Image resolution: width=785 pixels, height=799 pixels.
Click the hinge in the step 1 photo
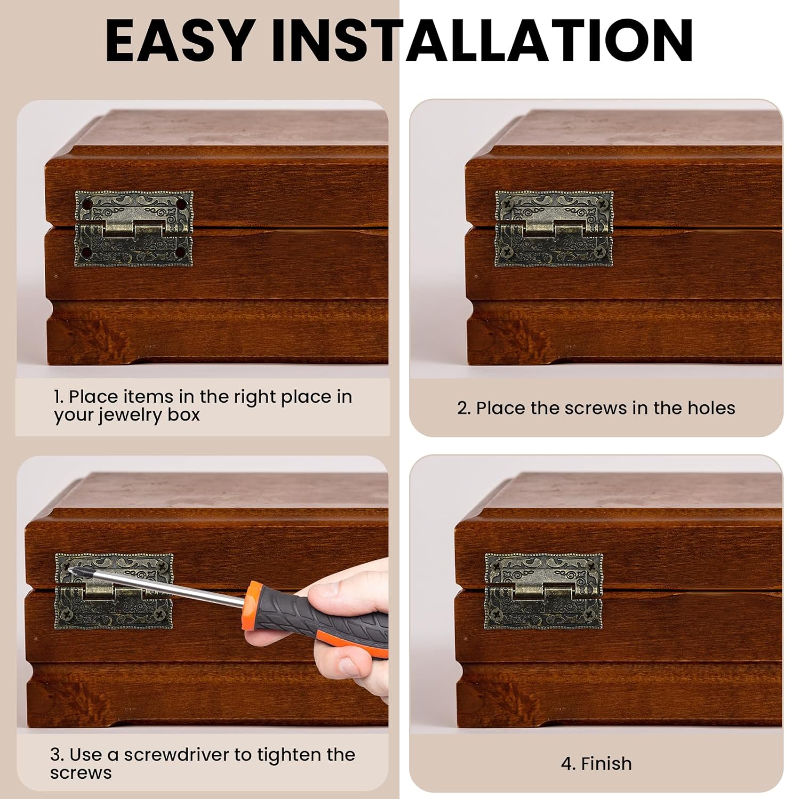134,229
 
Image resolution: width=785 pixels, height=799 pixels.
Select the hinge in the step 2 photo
554,229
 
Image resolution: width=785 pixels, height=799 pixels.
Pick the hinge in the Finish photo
543,591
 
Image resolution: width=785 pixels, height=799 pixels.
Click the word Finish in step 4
606,763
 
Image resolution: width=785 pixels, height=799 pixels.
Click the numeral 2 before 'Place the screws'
463,409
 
